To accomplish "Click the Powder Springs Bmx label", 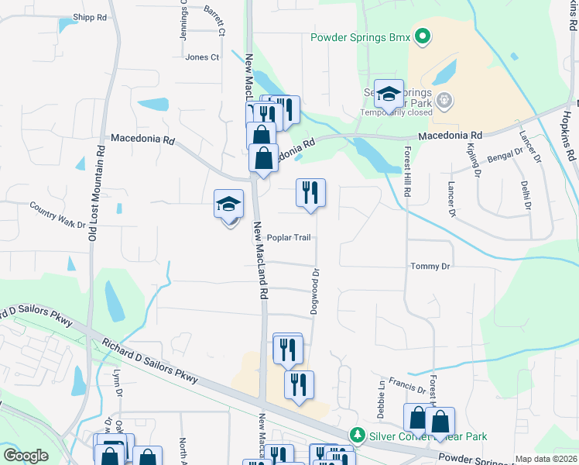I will [359, 36].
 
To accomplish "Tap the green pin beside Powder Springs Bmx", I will [422, 36].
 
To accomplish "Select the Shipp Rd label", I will [90, 17].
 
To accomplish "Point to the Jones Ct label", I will [202, 57].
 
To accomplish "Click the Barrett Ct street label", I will [214, 21].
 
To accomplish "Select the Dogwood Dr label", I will [315, 291].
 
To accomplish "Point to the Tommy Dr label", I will [430, 267].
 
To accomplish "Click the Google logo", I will [26, 456].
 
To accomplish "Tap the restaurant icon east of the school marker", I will [311, 193].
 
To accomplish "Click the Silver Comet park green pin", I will [356, 436].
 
